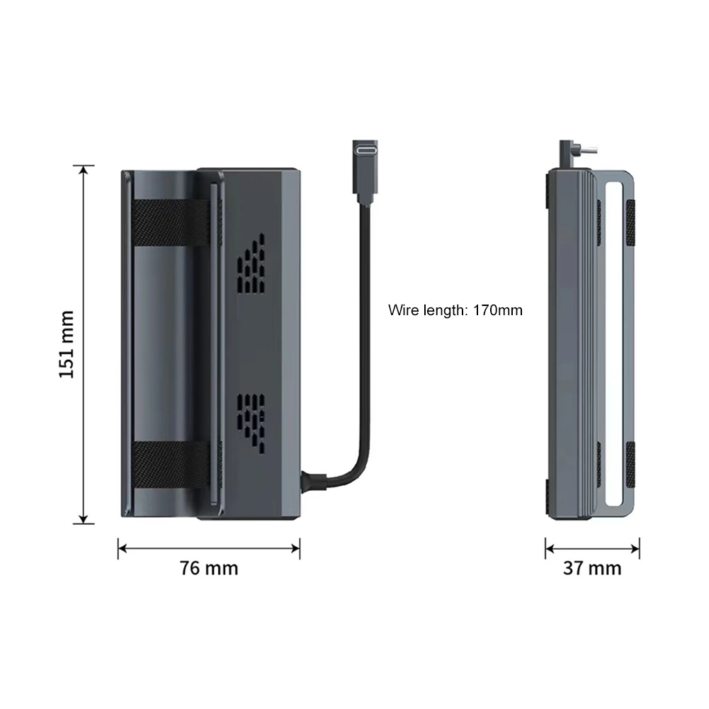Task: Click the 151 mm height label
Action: click(67, 344)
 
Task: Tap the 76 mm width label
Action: click(209, 568)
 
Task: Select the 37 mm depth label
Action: click(592, 568)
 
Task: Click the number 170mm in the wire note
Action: click(498, 310)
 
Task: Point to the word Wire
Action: click(403, 310)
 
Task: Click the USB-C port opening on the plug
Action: click(365, 149)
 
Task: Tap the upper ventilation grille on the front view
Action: click(251, 263)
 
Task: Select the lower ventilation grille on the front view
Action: click(251, 424)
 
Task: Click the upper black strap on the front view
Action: click(171, 222)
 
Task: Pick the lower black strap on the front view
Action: click(171, 465)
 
